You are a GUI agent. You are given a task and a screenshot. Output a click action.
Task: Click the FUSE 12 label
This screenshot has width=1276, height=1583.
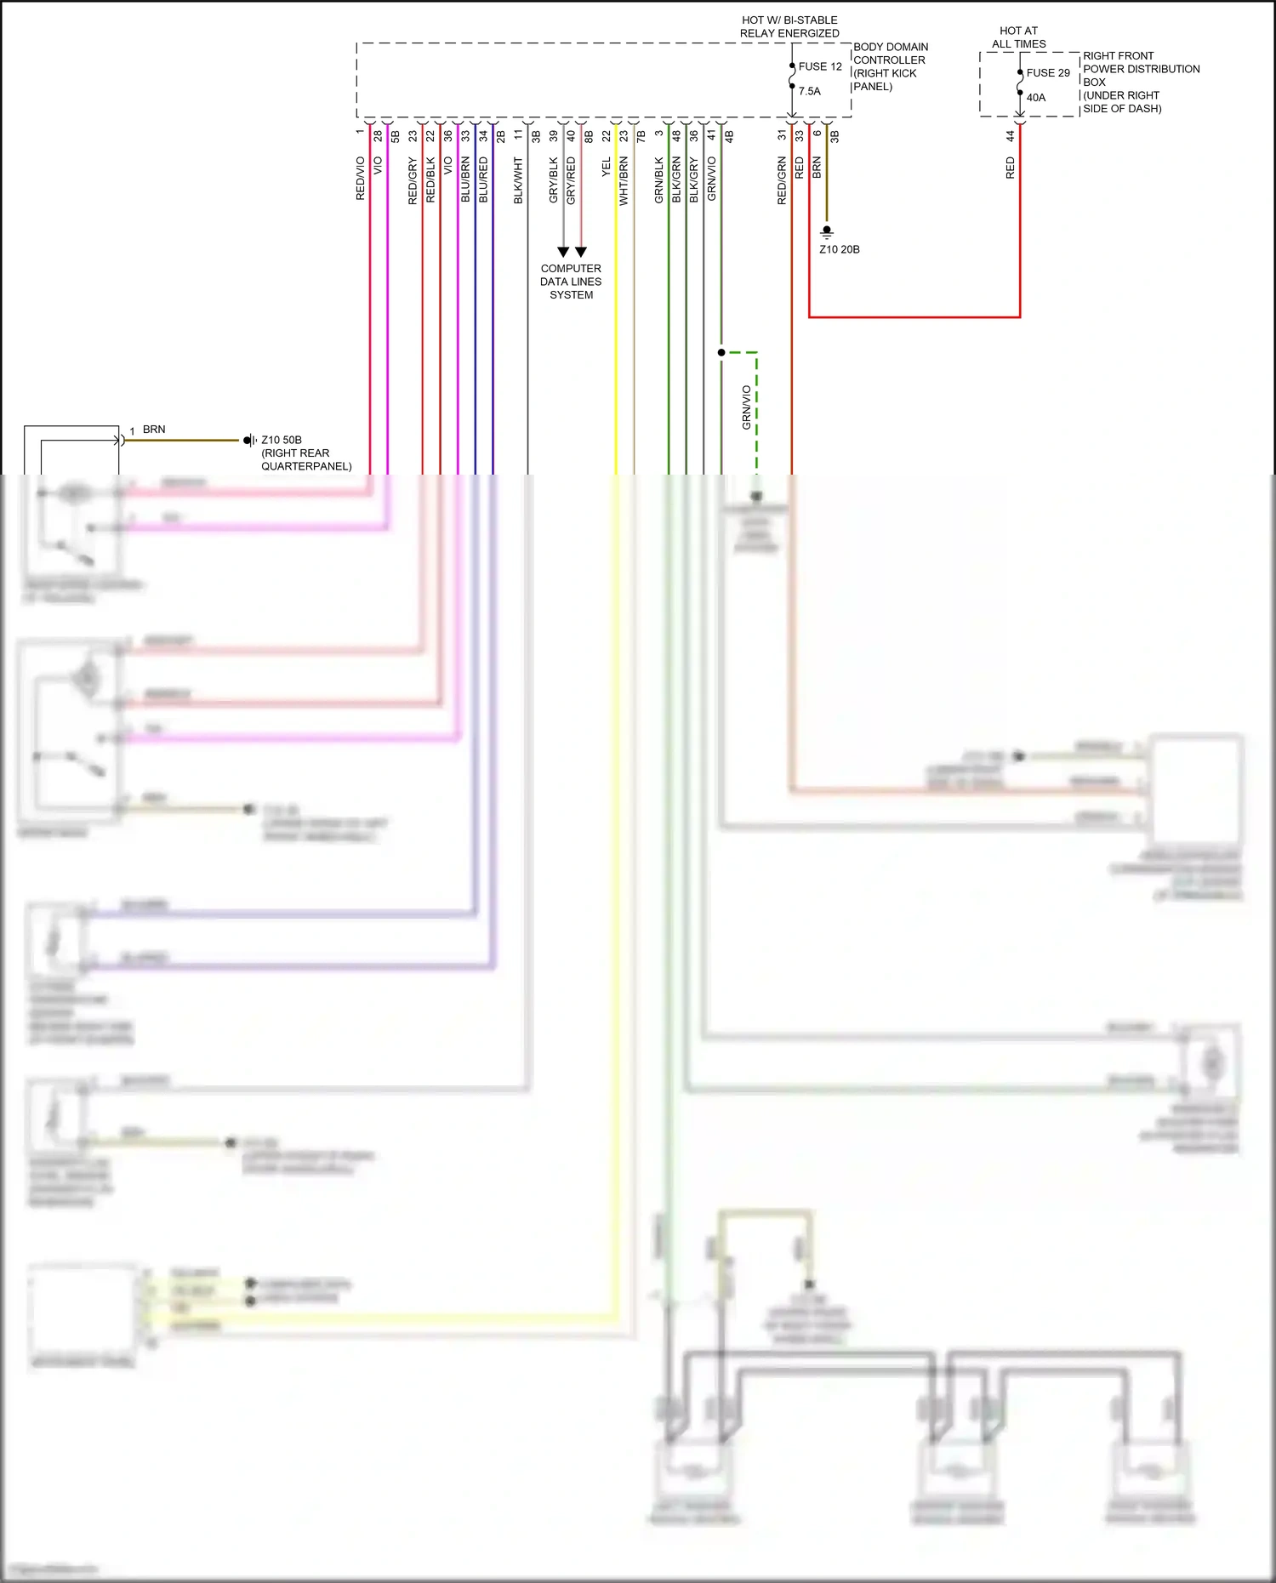[x=820, y=66]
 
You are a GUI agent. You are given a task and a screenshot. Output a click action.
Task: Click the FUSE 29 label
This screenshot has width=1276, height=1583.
[x=1048, y=73]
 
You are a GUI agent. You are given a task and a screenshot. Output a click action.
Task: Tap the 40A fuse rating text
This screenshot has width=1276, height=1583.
[x=1036, y=98]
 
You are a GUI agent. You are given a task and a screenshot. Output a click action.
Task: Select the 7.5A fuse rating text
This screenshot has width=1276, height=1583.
[x=810, y=91]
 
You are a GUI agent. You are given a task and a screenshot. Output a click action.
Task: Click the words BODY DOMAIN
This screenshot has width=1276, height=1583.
[x=891, y=47]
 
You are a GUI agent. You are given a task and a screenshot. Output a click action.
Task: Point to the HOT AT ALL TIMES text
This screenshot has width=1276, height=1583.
[x=1018, y=37]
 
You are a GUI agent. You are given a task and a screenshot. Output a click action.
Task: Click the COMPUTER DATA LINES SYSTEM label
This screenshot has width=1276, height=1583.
[x=571, y=282]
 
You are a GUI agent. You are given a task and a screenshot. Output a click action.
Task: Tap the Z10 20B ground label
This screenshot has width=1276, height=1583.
[x=840, y=249]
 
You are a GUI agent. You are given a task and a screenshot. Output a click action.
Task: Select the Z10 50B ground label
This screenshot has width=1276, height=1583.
[x=282, y=440]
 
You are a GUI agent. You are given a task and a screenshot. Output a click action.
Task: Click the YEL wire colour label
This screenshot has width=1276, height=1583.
[x=607, y=168]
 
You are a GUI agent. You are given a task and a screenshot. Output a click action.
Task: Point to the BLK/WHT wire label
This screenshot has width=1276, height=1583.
[x=518, y=180]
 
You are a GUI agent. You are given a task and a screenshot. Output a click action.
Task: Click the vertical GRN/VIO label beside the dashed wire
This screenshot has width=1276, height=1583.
[x=746, y=407]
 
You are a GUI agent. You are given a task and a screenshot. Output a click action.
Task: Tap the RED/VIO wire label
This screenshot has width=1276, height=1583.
[x=360, y=179]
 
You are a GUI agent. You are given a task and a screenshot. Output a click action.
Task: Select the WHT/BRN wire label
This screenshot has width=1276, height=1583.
[x=624, y=180]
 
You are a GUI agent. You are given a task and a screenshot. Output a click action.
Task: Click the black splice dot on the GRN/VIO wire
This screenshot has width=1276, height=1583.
[x=721, y=352]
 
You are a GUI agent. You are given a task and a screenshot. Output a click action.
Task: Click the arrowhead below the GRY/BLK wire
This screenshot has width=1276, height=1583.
[x=563, y=252]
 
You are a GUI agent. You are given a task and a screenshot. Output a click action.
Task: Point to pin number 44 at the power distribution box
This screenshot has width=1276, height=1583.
[x=1011, y=135]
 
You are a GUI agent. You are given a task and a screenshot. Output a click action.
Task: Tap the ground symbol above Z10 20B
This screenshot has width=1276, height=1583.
[x=826, y=231]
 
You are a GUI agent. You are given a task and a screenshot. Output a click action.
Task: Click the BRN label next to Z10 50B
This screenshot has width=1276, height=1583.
[x=154, y=430]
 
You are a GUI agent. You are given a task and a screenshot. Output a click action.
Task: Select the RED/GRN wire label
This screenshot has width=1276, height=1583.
[x=782, y=180]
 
